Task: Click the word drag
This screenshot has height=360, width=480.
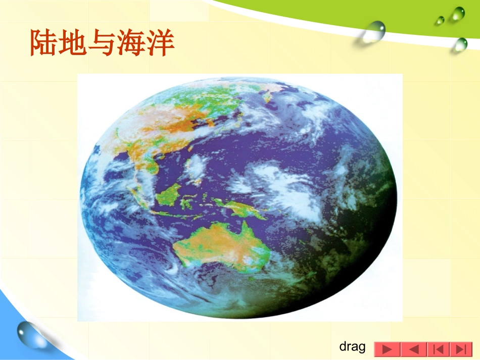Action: tap(352, 347)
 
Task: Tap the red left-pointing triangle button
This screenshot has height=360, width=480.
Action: tap(413, 349)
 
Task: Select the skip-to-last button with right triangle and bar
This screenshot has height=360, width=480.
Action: tap(460, 349)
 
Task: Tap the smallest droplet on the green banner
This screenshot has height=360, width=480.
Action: tap(440, 20)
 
